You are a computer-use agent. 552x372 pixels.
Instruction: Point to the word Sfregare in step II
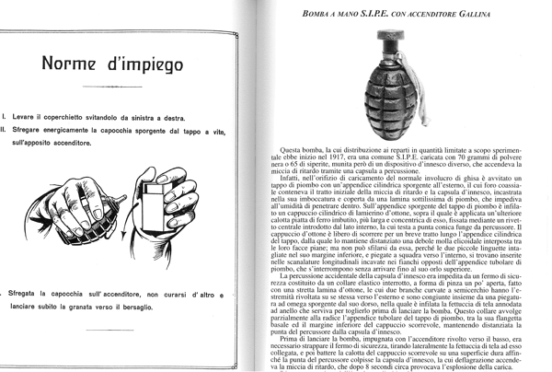coord(33,132)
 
